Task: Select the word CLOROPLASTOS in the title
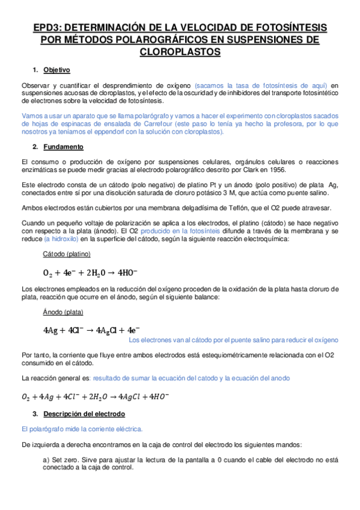tap(180, 52)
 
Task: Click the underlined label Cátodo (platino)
tap(67, 254)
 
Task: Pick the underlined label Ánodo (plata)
tap(63, 312)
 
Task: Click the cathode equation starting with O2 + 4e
tap(90, 272)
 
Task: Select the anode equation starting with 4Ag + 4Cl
tap(91, 330)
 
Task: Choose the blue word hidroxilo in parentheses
tap(61, 238)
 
